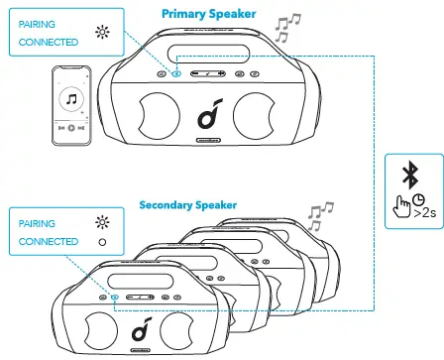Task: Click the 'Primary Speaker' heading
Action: coord(208,15)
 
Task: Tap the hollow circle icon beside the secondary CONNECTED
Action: coord(100,244)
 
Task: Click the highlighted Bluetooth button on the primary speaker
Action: coord(175,73)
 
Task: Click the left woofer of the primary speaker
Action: coord(154,115)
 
